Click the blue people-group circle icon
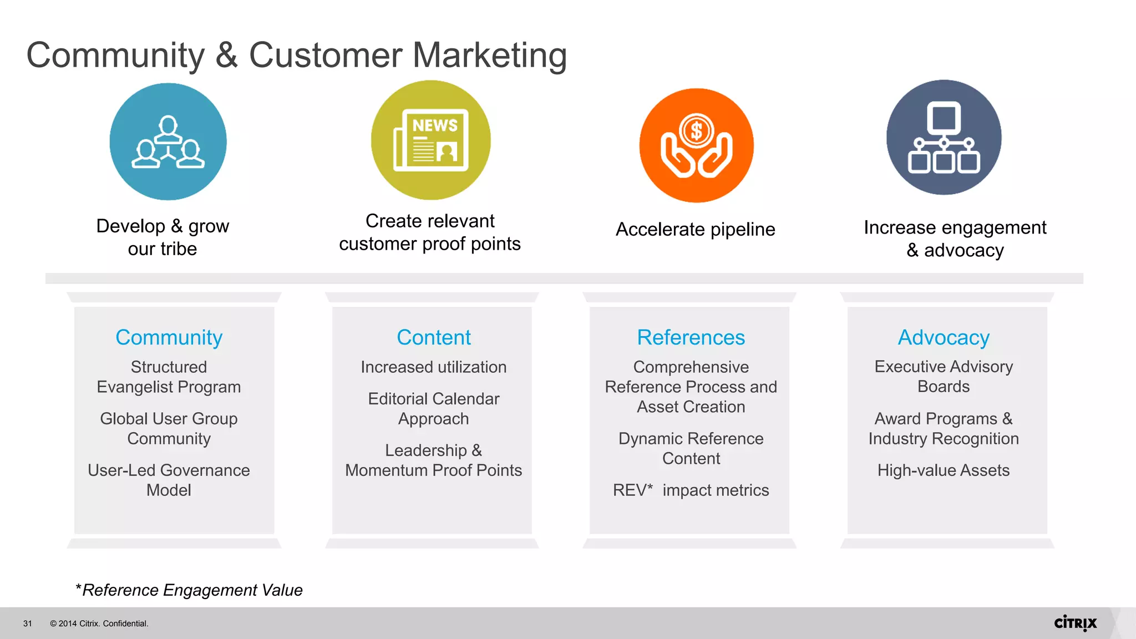168,141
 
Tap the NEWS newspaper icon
431,140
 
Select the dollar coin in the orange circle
696,131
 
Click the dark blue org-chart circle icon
944,138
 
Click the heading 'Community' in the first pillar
169,337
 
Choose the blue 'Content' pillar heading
433,337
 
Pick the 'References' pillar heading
691,337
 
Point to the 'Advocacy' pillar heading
944,337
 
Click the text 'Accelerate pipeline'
695,229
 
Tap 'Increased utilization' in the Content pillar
433,367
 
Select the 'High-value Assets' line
943,470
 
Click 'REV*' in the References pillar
632,490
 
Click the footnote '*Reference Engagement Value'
189,590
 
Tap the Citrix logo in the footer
1075,623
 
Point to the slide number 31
28,623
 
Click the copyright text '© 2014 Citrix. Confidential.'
99,623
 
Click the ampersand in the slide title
226,55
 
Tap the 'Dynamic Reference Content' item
691,448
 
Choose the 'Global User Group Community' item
169,428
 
